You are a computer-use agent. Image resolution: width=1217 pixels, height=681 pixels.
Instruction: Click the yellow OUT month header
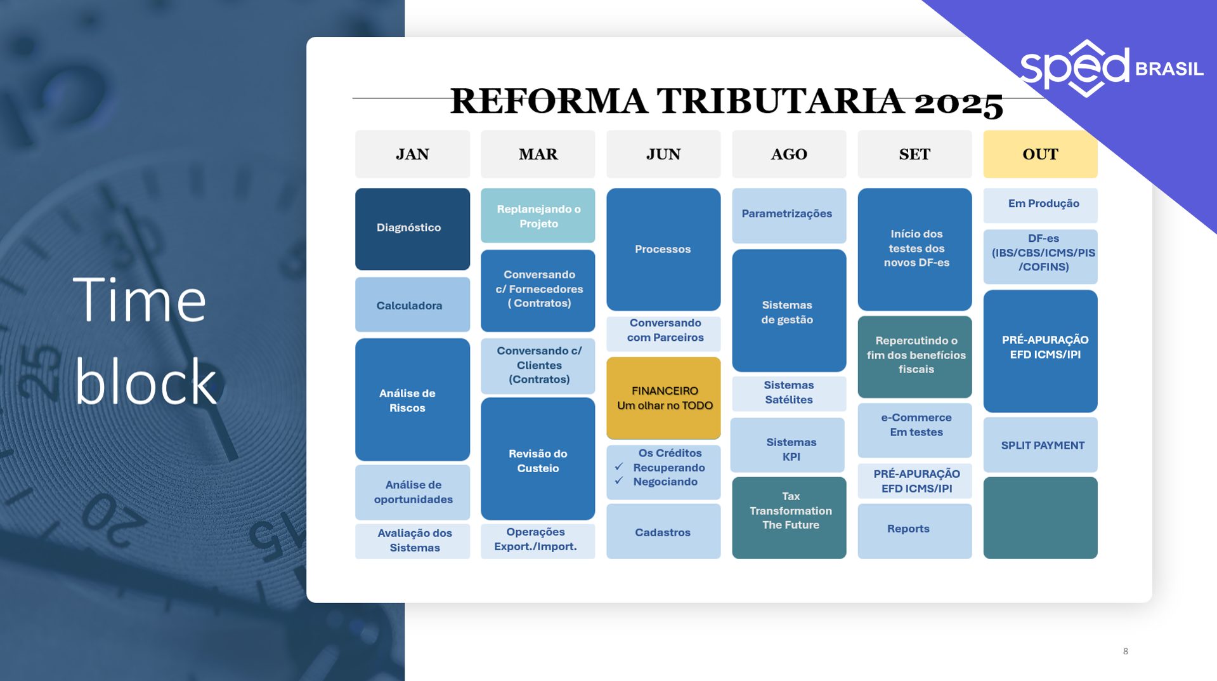coord(1040,154)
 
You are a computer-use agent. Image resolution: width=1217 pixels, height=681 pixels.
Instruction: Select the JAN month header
coord(412,154)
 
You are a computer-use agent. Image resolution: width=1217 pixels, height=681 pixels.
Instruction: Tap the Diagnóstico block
coord(412,228)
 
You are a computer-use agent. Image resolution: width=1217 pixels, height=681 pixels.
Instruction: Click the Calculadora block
coord(412,305)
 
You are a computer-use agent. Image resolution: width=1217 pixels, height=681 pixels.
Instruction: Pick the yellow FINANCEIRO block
coord(663,398)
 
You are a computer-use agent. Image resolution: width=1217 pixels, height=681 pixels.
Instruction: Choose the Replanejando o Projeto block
coord(538,215)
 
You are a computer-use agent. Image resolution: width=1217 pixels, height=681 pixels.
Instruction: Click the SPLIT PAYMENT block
coord(1040,445)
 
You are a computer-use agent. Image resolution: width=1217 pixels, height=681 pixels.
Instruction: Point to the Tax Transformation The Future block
coord(789,518)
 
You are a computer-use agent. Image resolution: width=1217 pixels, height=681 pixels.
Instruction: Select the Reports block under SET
coord(914,531)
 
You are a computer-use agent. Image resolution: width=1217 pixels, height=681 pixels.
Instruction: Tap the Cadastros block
coord(663,531)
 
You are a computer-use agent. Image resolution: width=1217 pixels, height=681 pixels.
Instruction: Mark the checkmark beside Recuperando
coord(619,466)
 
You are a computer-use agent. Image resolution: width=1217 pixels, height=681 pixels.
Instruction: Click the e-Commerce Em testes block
coord(914,430)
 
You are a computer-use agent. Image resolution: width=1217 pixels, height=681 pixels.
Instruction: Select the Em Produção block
coord(1040,205)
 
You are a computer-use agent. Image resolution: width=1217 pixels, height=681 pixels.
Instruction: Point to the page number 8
coord(1126,651)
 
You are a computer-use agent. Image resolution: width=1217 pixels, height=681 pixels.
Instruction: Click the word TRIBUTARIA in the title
coord(781,101)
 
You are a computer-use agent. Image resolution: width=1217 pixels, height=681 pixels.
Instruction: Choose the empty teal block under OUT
coord(1040,518)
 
